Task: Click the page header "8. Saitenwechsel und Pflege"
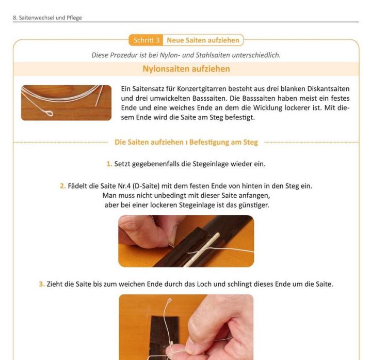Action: click(47, 18)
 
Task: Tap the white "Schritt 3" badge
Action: click(147, 40)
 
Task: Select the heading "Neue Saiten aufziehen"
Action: click(203, 40)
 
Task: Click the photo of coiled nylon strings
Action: click(66, 103)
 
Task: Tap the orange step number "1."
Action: click(109, 164)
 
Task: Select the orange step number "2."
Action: click(62, 186)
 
